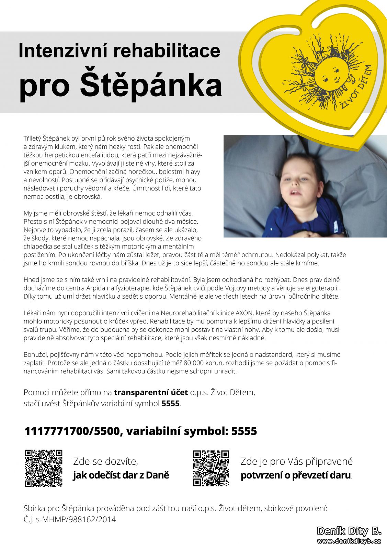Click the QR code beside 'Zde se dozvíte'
[44, 468]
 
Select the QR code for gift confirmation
[211, 468]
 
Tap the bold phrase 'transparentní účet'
[151, 392]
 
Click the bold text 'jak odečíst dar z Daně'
[121, 475]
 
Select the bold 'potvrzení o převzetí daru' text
[296, 475]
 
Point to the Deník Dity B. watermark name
[349, 531]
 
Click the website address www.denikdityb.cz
[349, 541]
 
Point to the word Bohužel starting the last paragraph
[35, 354]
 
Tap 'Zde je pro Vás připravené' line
[296, 461]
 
